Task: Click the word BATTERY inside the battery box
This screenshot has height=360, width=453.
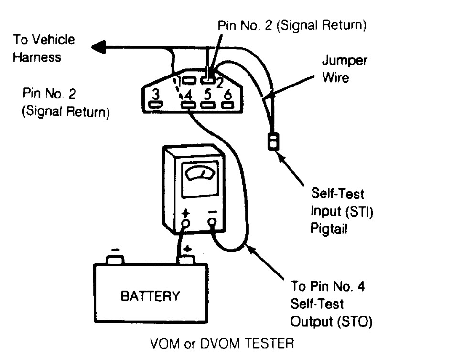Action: click(x=150, y=296)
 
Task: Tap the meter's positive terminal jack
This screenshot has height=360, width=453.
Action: click(x=186, y=223)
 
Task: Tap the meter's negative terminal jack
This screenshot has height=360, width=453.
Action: click(x=212, y=222)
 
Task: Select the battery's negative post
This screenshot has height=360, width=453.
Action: click(x=115, y=260)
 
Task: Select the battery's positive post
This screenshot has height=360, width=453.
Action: click(x=187, y=260)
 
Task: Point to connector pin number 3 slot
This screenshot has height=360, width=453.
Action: click(x=156, y=104)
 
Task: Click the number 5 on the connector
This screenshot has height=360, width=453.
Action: click(x=208, y=94)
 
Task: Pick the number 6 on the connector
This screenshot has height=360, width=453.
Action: click(x=228, y=94)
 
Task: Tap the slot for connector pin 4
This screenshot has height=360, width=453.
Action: click(x=188, y=105)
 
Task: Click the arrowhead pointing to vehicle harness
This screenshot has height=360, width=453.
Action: click(x=99, y=47)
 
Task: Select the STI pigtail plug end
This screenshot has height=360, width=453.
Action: click(x=273, y=142)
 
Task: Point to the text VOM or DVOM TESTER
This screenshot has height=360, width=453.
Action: click(x=222, y=344)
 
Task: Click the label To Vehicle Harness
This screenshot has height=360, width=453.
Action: click(x=44, y=48)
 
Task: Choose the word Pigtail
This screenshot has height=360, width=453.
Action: click(x=329, y=229)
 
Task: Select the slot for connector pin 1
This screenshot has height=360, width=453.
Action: click(x=190, y=80)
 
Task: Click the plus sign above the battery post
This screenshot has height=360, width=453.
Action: click(x=187, y=249)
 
